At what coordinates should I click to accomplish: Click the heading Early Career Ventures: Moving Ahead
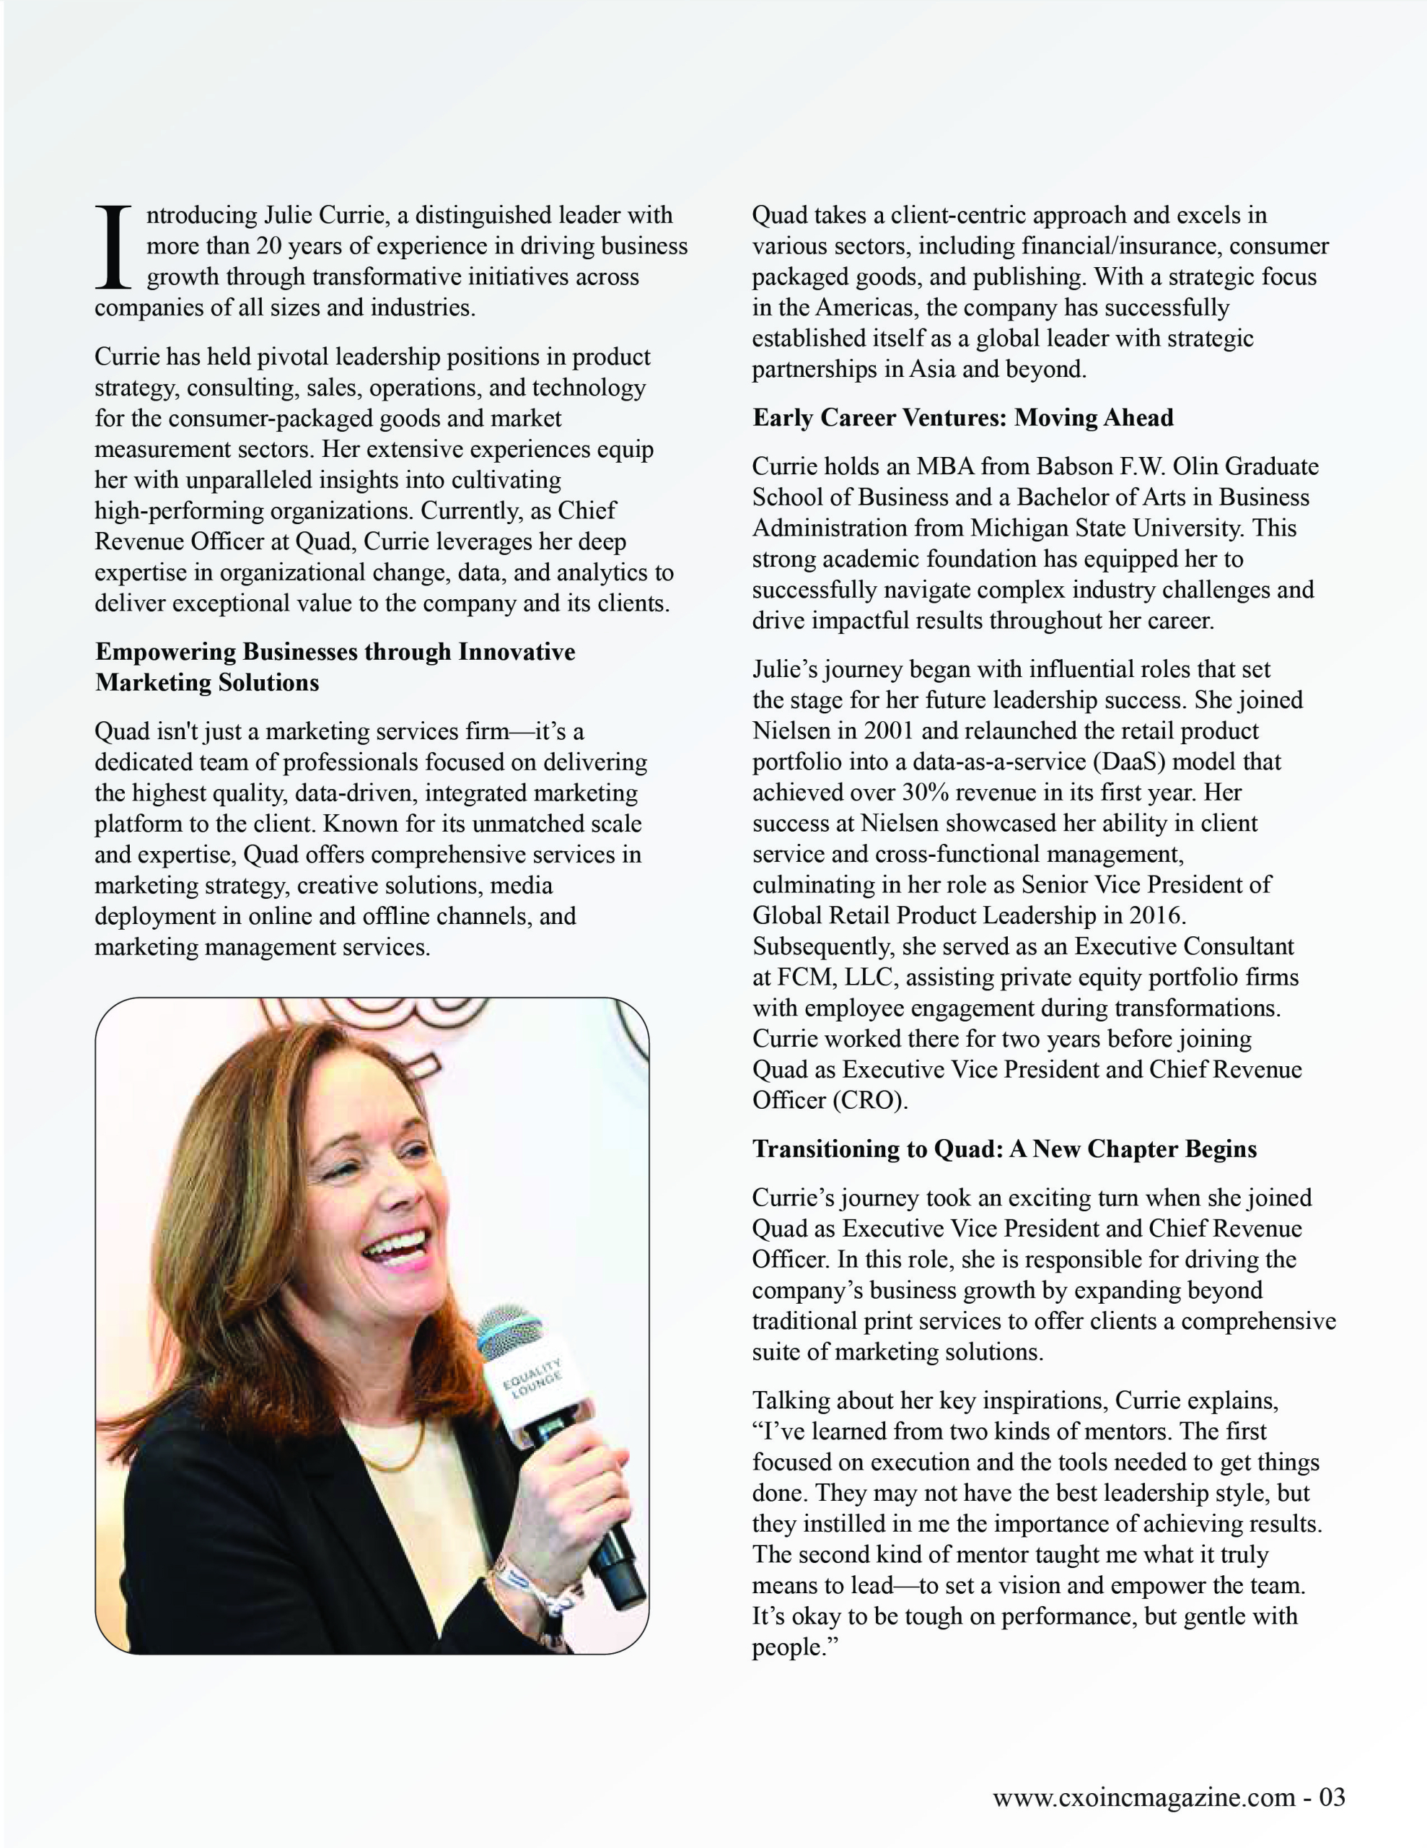[962, 418]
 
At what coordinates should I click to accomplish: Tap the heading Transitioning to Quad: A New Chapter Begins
[1004, 1149]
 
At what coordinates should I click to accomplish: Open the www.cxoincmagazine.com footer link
[1143, 1821]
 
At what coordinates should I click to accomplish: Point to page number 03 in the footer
[1332, 1821]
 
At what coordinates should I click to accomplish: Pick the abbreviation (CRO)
[869, 1100]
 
